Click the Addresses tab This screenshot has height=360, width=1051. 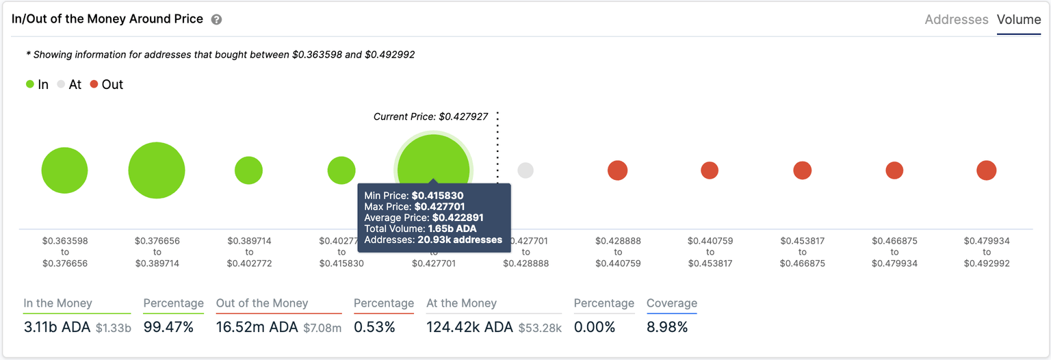956,20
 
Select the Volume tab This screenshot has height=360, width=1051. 1019,20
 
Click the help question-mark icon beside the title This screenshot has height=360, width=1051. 216,20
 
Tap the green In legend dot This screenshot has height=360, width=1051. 30,85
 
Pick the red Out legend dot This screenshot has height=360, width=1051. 94,85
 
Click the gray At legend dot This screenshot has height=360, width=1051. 62,85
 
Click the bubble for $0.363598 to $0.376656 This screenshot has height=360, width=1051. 65,170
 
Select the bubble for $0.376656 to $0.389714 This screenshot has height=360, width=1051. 157,170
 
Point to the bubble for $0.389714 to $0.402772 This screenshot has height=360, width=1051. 249,170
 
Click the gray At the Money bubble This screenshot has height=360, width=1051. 525,170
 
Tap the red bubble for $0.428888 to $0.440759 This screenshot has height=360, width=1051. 617,170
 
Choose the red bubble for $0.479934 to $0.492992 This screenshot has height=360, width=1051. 986,170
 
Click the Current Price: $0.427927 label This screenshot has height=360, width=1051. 430,117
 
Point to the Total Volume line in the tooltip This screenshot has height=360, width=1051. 420,229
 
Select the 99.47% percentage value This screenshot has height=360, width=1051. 168,327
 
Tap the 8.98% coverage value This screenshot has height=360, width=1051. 666,327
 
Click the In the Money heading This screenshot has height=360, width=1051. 57,303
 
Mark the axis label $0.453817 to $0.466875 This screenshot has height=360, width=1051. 803,252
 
